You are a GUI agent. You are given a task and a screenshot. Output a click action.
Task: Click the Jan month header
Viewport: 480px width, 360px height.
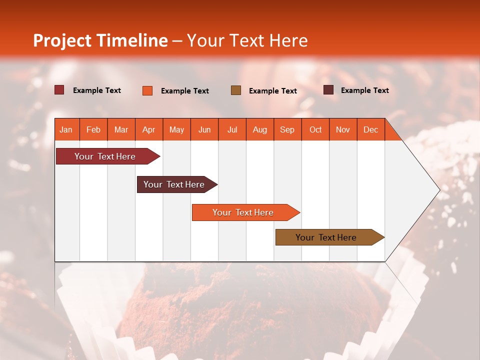coord(66,129)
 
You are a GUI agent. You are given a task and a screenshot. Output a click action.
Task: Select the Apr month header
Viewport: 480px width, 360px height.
coord(149,129)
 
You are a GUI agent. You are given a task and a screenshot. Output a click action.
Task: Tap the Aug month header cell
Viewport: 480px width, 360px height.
coord(260,129)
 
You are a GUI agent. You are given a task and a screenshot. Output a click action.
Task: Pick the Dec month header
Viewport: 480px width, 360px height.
coord(370,129)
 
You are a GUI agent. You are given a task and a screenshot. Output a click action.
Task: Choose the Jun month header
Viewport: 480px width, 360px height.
coord(204,129)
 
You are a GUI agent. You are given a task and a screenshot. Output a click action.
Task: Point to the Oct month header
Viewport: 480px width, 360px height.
coord(315,129)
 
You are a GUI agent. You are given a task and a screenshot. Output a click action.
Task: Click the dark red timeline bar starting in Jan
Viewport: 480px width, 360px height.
coord(105,156)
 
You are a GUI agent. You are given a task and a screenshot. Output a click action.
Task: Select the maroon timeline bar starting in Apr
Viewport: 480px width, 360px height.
coord(174,184)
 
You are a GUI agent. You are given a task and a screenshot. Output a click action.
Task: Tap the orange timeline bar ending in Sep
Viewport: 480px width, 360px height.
coord(243,212)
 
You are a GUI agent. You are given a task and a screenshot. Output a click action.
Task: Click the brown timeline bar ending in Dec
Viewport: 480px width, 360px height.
coord(326,237)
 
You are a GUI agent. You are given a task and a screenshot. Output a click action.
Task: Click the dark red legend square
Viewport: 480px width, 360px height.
coord(59,90)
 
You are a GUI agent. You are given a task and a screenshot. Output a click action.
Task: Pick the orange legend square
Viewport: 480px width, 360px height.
coord(147,90)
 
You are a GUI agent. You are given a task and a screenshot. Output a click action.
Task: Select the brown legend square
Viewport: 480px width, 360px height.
coord(236,90)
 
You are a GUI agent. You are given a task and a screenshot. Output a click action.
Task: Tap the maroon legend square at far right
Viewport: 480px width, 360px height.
coord(328,90)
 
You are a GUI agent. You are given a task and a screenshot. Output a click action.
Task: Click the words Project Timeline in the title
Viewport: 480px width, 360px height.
coord(100,40)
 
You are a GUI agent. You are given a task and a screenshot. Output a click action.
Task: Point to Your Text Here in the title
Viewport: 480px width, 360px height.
coord(247,40)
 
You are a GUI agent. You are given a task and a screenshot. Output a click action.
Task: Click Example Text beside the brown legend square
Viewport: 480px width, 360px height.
coord(272,91)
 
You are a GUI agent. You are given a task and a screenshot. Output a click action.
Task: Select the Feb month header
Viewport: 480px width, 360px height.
coord(93,129)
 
